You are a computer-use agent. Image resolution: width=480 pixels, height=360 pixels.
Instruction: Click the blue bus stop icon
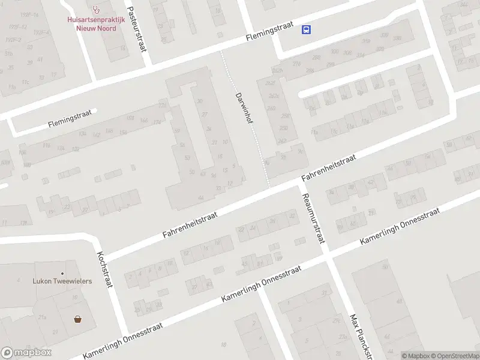pos(307,29)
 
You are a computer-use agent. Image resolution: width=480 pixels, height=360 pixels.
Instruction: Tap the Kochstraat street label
pos(104,269)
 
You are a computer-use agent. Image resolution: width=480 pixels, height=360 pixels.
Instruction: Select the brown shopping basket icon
pos(78,319)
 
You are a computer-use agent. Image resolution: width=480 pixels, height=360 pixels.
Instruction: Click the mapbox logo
pos(26,353)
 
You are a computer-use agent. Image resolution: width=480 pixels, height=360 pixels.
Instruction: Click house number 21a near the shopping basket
pos(42,317)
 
